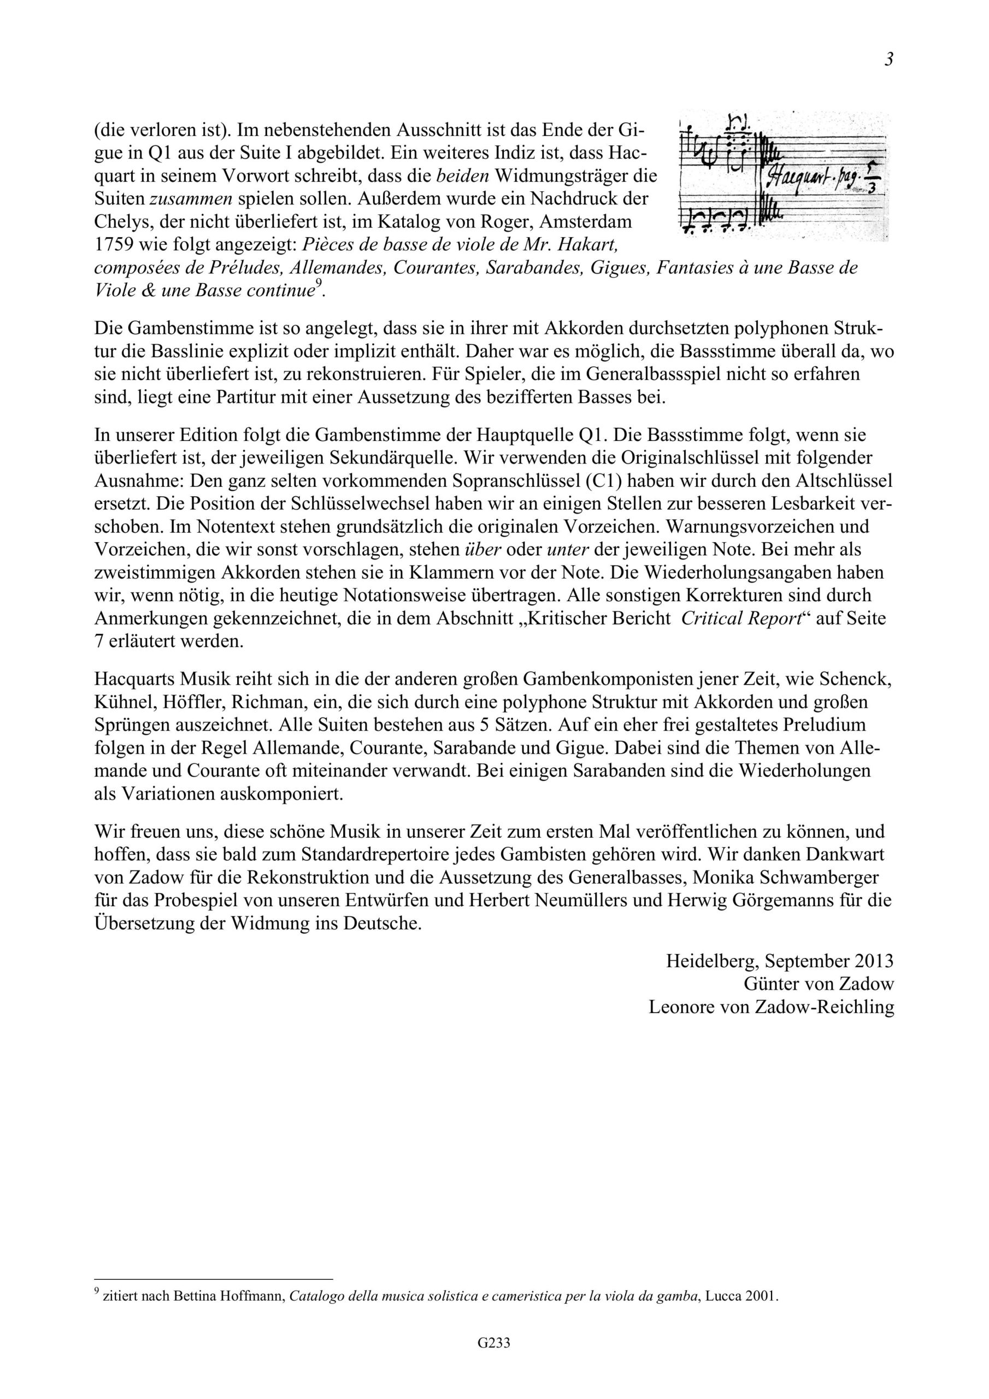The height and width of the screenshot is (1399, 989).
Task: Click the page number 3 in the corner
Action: [x=889, y=60]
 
